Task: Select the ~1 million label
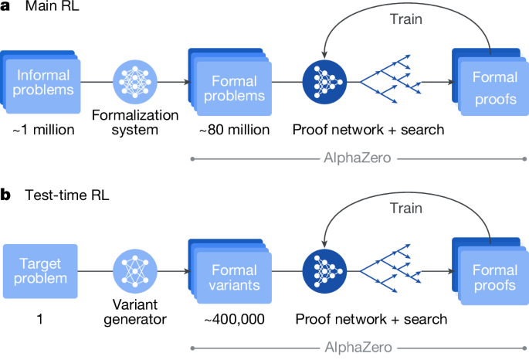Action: tap(43, 129)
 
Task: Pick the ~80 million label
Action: tap(230, 129)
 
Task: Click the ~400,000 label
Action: tap(230, 318)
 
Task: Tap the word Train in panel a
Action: tap(405, 19)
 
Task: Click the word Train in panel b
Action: tap(405, 209)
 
